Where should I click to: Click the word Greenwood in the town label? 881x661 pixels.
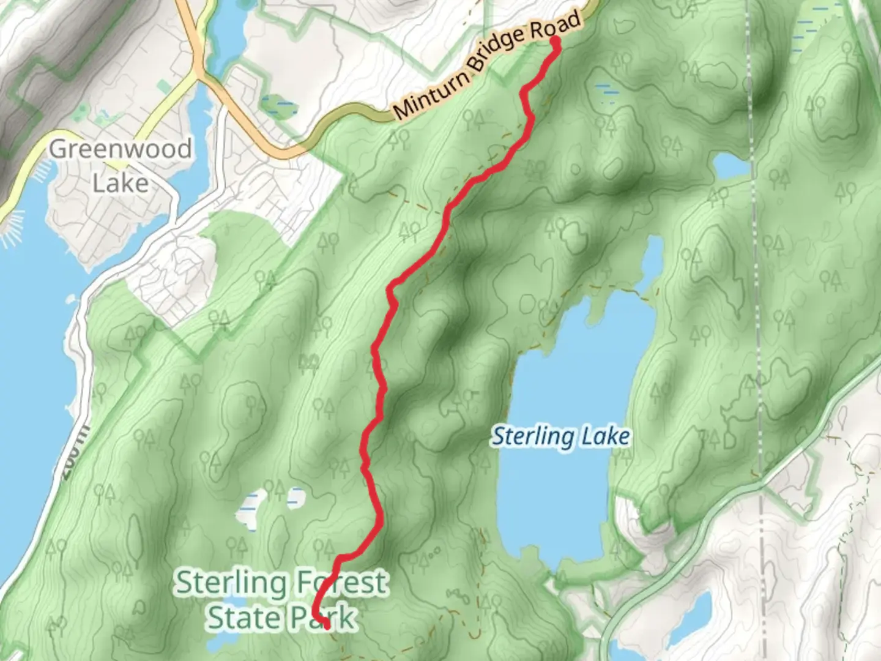(x=120, y=149)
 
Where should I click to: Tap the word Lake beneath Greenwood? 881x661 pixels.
(x=120, y=183)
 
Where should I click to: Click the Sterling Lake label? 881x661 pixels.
(x=561, y=437)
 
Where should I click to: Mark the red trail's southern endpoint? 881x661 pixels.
(x=327, y=625)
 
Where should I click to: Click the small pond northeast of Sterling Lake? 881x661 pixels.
(x=731, y=164)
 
